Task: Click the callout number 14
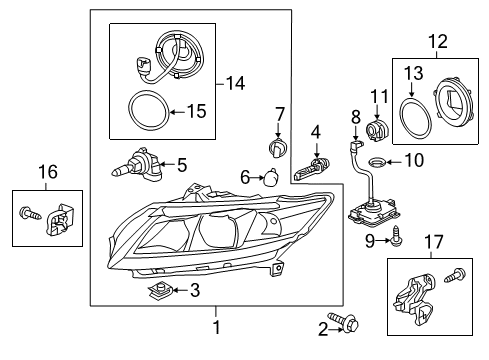235,83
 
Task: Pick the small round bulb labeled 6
271,177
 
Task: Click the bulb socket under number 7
278,147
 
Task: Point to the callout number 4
316,132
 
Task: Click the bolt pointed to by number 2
343,321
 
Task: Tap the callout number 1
217,327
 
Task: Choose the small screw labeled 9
396,236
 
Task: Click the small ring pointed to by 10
377,162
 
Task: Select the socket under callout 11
377,131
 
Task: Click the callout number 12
438,42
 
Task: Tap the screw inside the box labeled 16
31,213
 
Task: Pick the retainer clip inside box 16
60,219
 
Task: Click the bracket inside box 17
414,298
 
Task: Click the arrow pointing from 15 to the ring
178,112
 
